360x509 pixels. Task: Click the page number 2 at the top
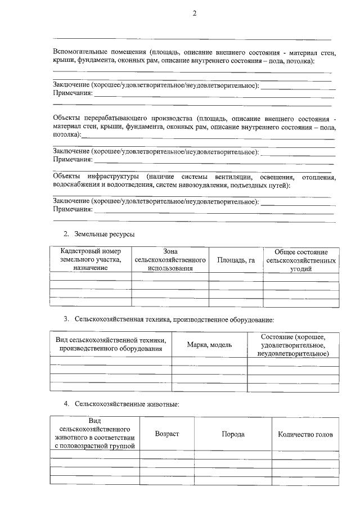click(194, 13)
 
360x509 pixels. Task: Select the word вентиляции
click(226, 177)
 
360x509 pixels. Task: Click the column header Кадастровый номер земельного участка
click(91, 260)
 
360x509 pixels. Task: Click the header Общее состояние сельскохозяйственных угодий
click(301, 260)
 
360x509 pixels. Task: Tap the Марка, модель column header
click(209, 344)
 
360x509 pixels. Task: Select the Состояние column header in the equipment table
click(293, 344)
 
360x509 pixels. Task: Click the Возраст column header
click(166, 434)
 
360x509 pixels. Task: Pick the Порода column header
click(233, 434)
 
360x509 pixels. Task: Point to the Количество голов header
click(305, 434)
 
